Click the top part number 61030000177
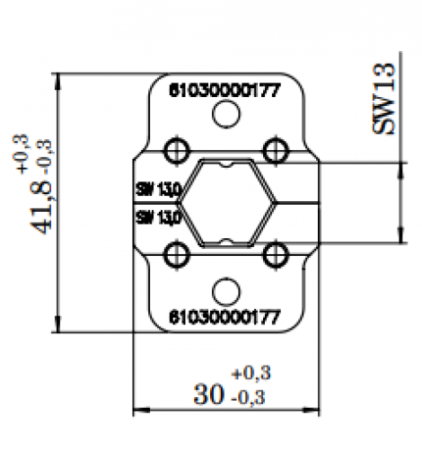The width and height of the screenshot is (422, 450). pos(225,90)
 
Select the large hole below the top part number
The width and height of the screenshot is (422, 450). pos(225,114)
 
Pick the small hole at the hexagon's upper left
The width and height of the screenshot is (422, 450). pos(177,147)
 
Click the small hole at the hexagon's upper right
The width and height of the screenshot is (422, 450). pos(274,147)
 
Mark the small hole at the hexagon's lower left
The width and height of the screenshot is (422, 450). pos(177,256)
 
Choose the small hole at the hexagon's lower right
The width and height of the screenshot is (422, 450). pos(274,256)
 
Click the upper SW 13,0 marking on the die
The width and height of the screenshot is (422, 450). pos(158,190)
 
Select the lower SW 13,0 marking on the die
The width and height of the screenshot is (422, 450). pos(158,216)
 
